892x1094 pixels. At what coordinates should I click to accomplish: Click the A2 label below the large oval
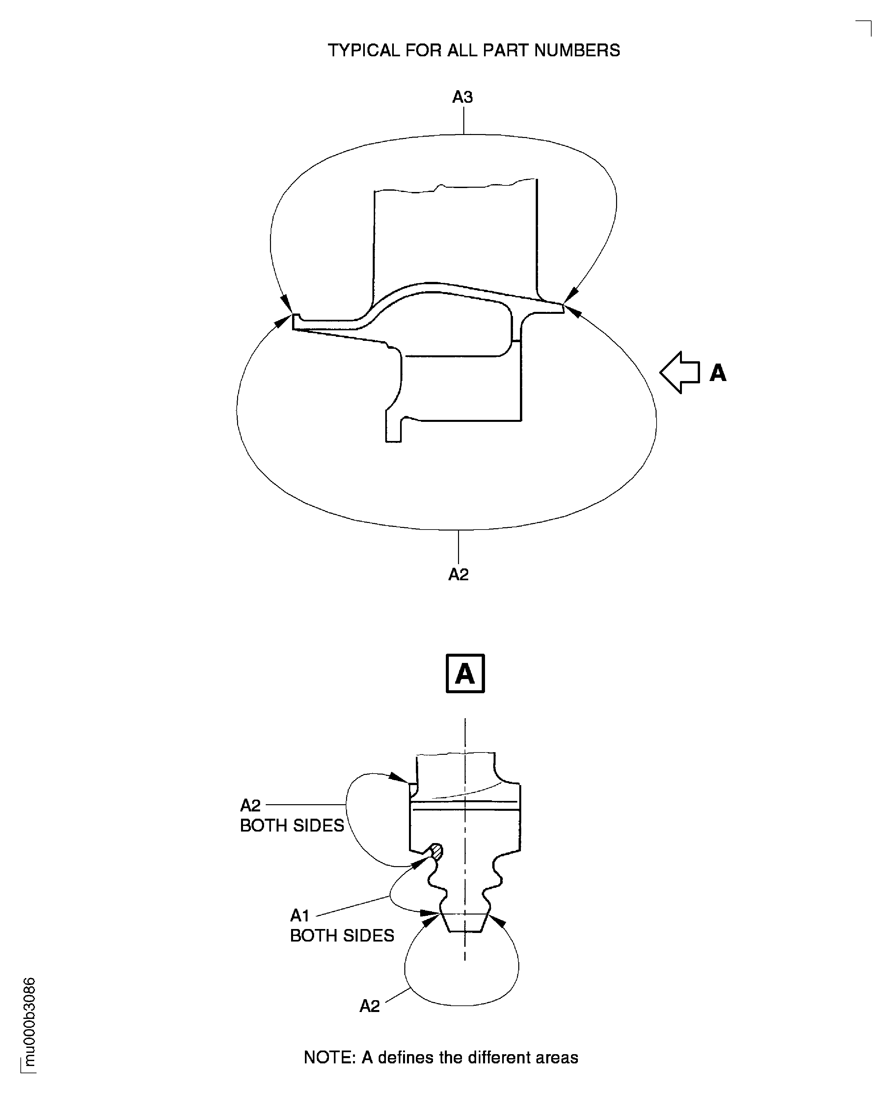458,574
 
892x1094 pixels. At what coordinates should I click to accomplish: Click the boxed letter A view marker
465,673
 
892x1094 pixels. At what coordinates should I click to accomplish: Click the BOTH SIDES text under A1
342,935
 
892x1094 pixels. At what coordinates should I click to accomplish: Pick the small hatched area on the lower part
437,852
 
